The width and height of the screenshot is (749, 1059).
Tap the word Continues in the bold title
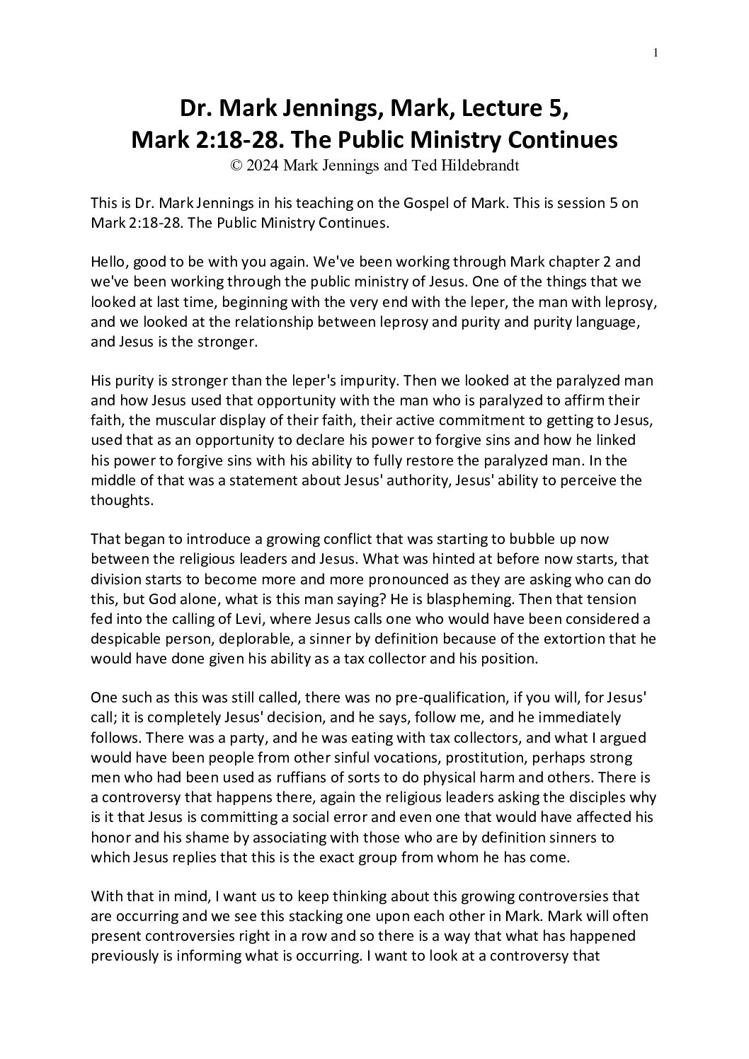pyautogui.click(x=558, y=139)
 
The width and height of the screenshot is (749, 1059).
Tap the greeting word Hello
pyautogui.click(x=109, y=262)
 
